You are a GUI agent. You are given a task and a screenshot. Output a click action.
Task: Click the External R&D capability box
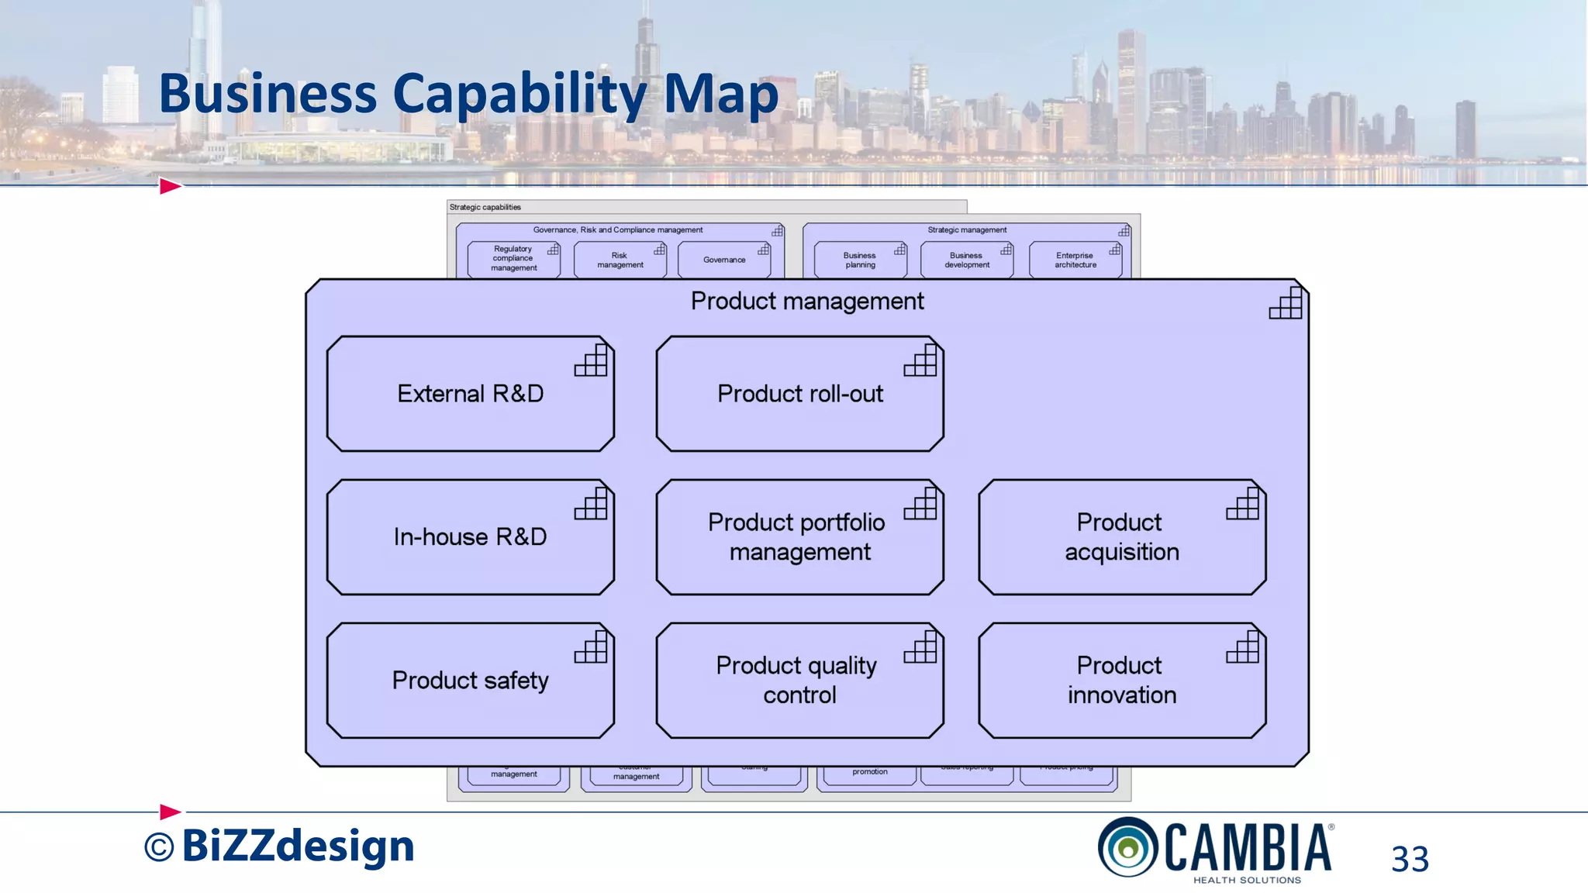pos(470,394)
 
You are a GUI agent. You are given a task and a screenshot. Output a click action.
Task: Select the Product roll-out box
pos(799,394)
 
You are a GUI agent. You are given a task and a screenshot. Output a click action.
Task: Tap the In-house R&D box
pos(470,537)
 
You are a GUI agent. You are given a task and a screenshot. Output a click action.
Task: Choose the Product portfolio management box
pos(799,537)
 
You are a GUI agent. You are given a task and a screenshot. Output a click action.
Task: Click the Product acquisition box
pos(1121,537)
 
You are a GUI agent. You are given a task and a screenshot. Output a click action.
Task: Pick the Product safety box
pos(470,681)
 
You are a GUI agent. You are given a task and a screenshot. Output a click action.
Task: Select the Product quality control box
pos(799,681)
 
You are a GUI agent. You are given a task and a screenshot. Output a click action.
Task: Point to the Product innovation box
pos(1121,681)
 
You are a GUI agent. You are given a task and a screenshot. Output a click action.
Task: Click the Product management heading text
pos(806,301)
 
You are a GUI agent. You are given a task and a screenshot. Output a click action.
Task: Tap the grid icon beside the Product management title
pos(1285,303)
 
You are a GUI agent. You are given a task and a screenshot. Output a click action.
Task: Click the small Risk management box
pos(620,260)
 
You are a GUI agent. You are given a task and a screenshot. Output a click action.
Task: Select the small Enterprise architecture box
pos(1075,260)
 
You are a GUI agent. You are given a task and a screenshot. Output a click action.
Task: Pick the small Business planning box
pos(859,260)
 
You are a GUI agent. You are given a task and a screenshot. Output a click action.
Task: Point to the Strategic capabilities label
pos(485,207)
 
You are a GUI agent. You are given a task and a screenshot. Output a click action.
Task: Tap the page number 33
pos(1410,859)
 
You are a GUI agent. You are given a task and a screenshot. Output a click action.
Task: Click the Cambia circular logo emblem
pos(1127,847)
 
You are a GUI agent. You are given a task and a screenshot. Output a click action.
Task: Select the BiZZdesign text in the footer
pos(298,846)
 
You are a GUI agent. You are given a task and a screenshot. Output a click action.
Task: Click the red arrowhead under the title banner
pos(170,186)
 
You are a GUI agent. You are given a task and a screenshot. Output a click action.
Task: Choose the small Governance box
pos(724,260)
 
